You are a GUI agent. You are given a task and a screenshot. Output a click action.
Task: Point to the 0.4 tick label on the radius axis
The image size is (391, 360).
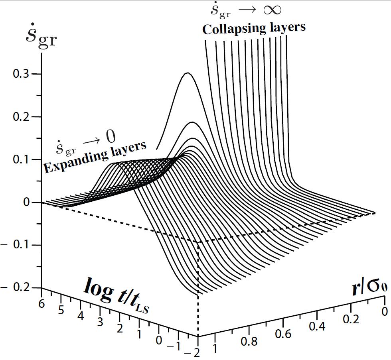[x=317, y=327]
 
